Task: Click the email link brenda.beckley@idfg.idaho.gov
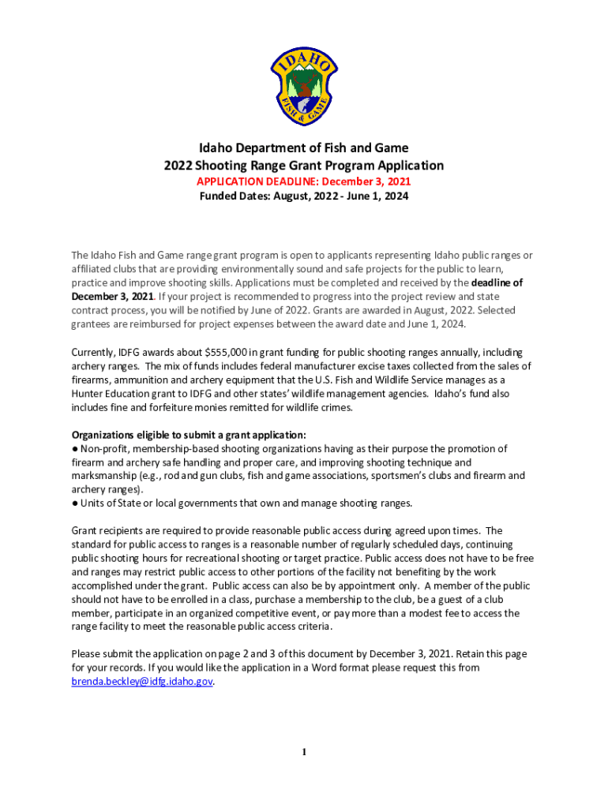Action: coord(142,681)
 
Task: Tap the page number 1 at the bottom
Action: coord(304,752)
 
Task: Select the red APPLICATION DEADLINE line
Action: coord(303,181)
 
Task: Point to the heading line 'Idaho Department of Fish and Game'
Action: coord(304,148)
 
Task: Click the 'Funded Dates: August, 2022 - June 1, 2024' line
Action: coord(303,196)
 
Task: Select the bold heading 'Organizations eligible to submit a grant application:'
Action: coord(189,435)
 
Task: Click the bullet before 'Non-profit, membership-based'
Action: coord(75,449)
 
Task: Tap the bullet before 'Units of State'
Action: coord(75,503)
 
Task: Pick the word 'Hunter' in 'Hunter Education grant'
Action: coord(88,394)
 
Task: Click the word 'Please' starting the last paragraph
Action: coord(87,653)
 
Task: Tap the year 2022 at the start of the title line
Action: coord(178,166)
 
